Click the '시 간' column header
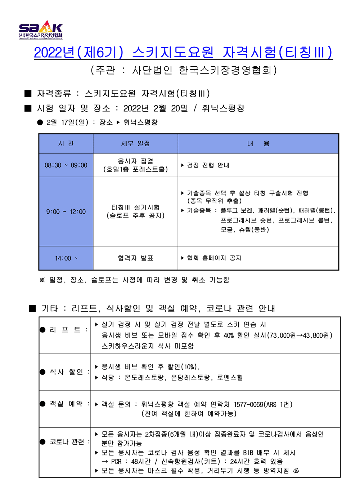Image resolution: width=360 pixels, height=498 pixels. point(66,144)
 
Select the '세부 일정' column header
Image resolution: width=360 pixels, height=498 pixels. point(135,144)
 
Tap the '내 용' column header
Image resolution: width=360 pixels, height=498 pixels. point(258,144)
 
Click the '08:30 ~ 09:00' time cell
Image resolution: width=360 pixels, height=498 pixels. point(66,165)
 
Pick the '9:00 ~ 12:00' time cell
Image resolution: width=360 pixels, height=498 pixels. point(66,212)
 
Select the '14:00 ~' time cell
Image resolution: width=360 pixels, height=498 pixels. point(66,258)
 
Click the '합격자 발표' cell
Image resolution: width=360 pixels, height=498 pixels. point(135,258)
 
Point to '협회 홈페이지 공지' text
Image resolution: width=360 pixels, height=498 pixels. point(214,258)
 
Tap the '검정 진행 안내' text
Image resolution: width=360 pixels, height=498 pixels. point(208,165)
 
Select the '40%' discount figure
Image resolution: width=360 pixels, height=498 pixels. point(229,335)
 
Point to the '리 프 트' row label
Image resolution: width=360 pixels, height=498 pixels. point(65,330)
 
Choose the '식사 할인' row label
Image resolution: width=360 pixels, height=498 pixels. point(66,372)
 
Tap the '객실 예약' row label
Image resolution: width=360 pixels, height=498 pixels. point(66,404)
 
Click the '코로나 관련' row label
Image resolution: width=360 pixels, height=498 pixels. point(67,442)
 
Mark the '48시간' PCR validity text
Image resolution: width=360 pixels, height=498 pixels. point(141,462)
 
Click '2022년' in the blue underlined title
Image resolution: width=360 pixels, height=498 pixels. point(54,53)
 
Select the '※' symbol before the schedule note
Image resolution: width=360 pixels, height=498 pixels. point(42,280)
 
